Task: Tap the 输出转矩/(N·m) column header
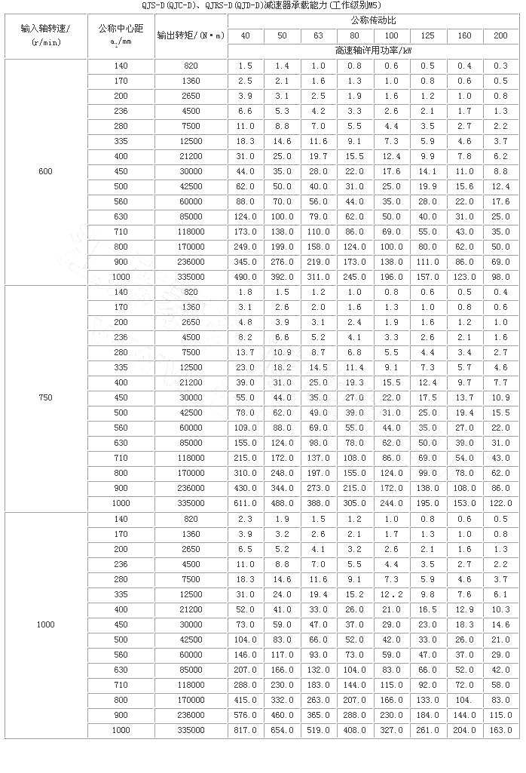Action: (191, 36)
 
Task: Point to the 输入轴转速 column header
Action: (45, 36)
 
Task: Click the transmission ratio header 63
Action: (319, 36)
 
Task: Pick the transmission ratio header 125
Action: (429, 36)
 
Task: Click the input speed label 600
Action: (45, 172)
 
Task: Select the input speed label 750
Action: (45, 397)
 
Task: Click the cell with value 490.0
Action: (246, 277)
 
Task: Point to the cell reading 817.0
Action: (246, 729)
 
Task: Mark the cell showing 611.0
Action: (246, 503)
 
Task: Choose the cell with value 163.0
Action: (501, 729)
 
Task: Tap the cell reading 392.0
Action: (283, 277)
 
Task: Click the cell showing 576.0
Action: (246, 714)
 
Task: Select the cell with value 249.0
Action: (246, 247)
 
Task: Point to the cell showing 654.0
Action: (283, 729)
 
